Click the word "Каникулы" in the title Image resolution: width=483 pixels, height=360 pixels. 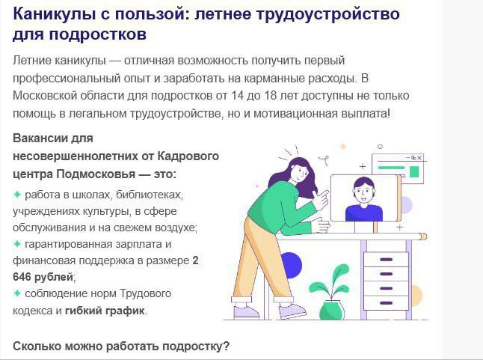point(55,14)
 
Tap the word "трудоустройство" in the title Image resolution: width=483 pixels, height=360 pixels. point(327,15)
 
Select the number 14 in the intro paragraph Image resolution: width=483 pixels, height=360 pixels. point(237,96)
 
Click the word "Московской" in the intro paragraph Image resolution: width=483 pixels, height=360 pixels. point(45,96)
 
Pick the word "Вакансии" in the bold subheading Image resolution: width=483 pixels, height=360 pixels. point(40,138)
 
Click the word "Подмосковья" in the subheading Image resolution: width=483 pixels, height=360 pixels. point(96,174)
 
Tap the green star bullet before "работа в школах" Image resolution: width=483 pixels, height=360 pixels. point(17,195)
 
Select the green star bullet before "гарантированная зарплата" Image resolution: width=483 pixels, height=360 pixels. point(17,244)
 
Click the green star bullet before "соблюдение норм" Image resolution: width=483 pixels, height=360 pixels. point(17,293)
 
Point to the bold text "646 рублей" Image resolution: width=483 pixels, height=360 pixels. point(43,277)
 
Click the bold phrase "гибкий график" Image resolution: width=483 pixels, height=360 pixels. point(105,311)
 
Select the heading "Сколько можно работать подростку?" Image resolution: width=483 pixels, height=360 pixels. point(121,346)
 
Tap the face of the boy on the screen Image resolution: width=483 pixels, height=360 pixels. point(363,193)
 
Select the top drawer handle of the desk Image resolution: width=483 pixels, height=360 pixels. point(386,260)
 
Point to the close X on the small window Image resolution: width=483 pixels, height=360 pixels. point(419,158)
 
